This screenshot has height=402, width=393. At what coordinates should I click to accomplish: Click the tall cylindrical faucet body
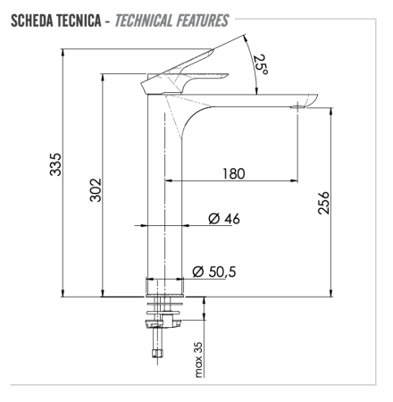coord(166,197)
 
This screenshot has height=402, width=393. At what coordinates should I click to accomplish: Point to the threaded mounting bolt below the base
coord(157,339)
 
